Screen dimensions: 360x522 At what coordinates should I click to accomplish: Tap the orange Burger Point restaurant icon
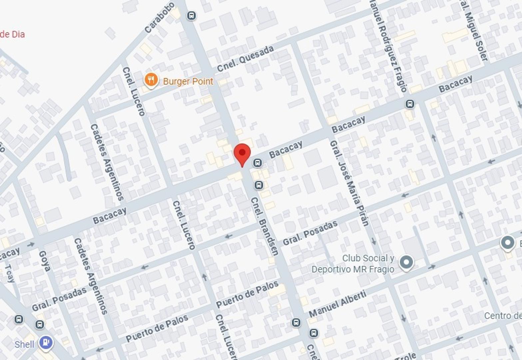(151, 80)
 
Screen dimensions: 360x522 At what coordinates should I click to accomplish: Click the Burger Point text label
(188, 81)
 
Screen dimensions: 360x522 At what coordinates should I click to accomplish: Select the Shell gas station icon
(46, 342)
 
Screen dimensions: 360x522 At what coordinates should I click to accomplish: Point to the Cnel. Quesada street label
(245, 59)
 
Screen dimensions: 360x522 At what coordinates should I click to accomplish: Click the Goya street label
(45, 261)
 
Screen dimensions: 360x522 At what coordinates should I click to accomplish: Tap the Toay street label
(10, 273)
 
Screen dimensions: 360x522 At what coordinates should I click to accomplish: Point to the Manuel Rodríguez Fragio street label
(388, 45)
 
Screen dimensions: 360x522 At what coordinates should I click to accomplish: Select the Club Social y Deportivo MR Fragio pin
(406, 263)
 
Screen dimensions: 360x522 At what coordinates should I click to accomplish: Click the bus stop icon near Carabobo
(191, 16)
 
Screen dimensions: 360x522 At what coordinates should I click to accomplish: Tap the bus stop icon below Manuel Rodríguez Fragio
(410, 104)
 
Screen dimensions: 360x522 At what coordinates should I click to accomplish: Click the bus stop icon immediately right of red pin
(257, 163)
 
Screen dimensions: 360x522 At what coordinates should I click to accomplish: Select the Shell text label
(24, 344)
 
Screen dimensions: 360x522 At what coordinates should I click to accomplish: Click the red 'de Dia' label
(12, 34)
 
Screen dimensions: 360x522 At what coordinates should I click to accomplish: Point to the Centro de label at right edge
(502, 315)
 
